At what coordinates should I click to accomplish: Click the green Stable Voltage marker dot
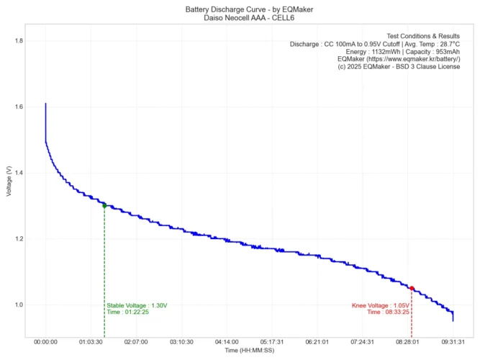104,206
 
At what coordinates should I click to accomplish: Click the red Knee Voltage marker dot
412,288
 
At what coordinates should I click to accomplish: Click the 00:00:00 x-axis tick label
45,343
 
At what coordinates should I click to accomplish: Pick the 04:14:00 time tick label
227,343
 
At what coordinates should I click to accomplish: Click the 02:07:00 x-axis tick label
136,343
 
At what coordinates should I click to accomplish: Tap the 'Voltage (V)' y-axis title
8,181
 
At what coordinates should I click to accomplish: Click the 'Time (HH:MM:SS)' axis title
249,351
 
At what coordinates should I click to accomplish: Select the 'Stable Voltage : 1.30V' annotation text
137,305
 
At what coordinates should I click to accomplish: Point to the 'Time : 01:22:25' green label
127,312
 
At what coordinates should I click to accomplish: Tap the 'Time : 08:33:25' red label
388,312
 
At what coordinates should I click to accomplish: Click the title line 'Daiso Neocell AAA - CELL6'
249,16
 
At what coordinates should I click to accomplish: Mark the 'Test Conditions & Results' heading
423,36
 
